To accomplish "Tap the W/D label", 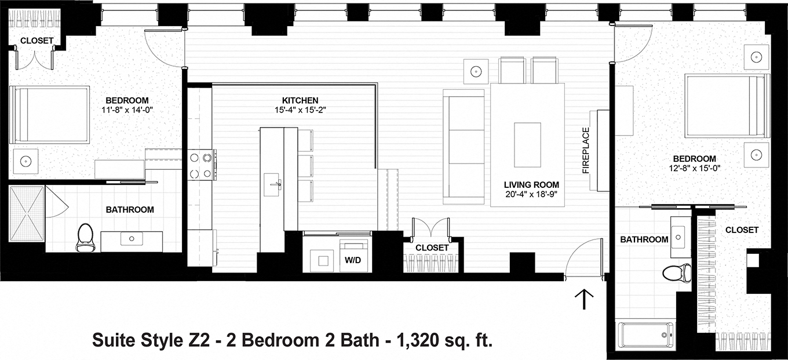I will [x=353, y=260].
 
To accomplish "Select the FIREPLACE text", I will [x=586, y=150].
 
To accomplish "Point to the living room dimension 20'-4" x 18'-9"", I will [x=527, y=194].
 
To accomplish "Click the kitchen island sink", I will [x=272, y=184].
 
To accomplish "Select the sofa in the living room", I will [x=463, y=146].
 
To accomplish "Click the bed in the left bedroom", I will [x=51, y=114].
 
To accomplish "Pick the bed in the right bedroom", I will [x=727, y=105].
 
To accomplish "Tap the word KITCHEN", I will [x=300, y=100].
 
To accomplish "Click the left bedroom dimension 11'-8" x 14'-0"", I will [x=128, y=109].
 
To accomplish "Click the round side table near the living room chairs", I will [x=476, y=71].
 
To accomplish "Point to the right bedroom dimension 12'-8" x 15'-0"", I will [x=694, y=168].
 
